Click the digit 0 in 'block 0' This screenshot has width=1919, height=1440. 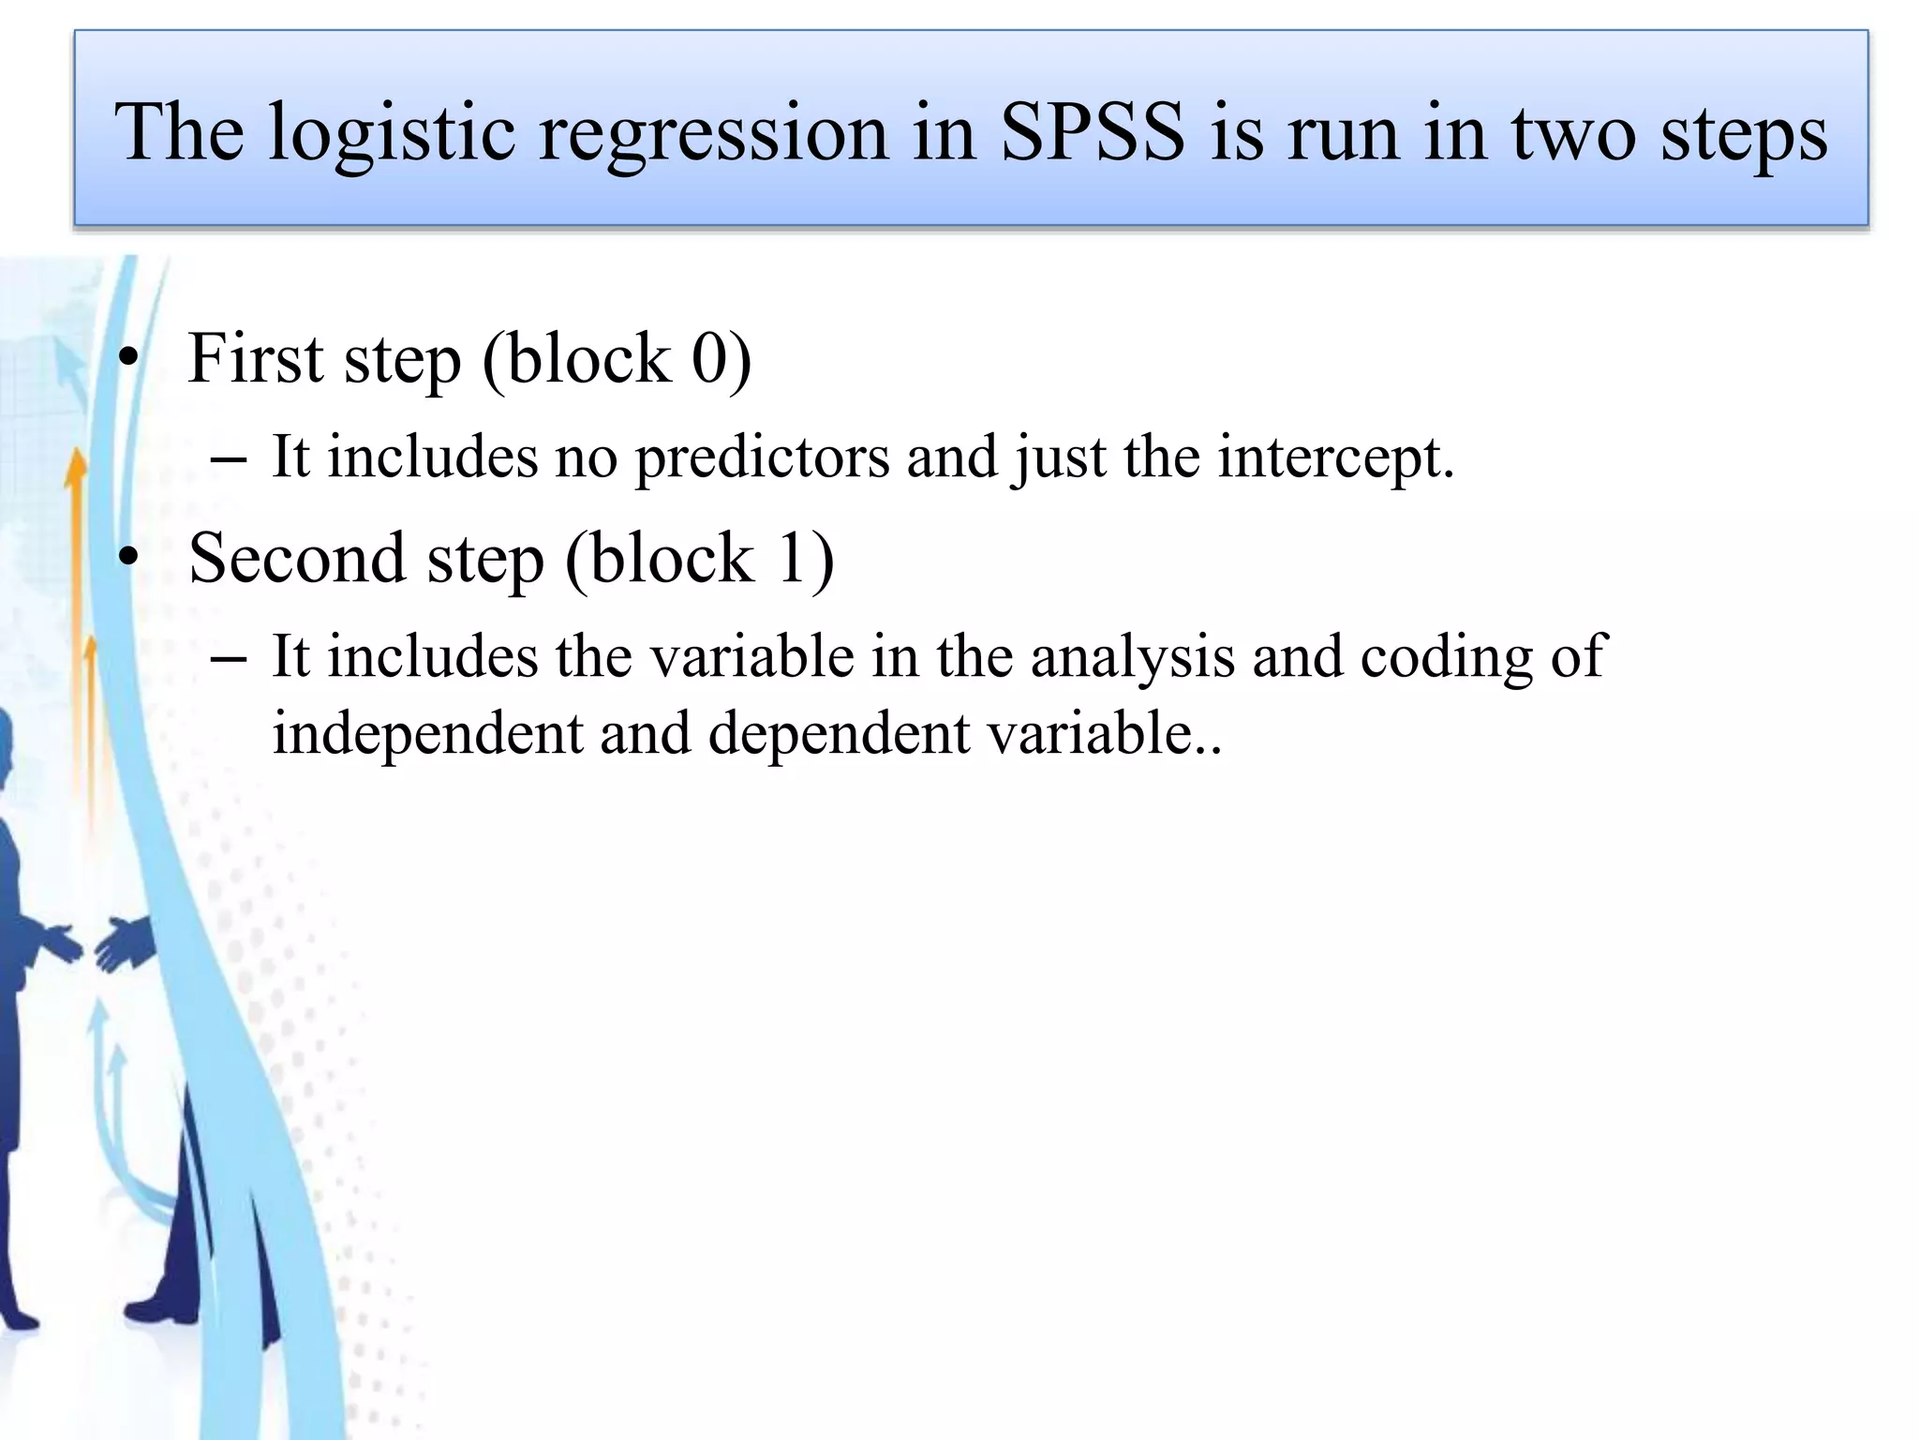709,359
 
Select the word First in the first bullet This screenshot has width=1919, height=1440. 255,359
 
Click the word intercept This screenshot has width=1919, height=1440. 1335,459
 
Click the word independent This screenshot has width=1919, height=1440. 427,734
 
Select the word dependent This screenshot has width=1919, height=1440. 839,734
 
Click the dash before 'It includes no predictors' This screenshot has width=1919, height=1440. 229,460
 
